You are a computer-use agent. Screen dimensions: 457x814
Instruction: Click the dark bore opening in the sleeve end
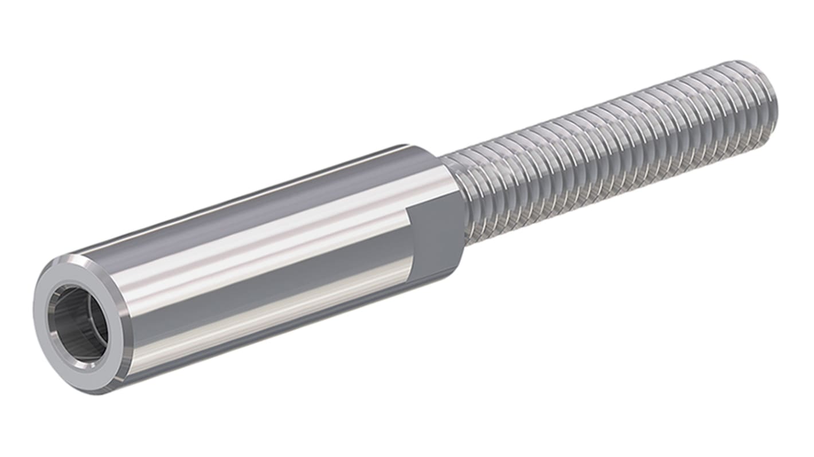77,324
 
